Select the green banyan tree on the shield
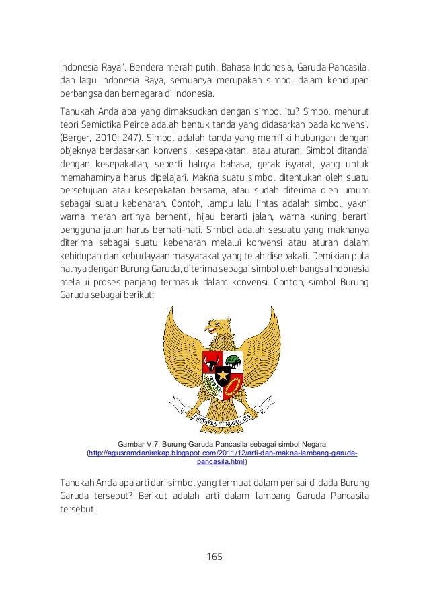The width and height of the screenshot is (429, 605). coord(233,359)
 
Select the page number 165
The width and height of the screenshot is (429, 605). coord(214,557)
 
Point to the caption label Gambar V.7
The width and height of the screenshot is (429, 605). coord(143,444)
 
